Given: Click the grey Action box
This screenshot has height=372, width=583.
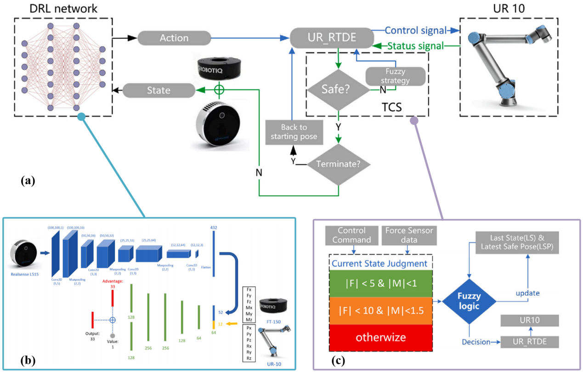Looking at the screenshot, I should [174, 37].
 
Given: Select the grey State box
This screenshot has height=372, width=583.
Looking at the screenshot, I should [158, 90].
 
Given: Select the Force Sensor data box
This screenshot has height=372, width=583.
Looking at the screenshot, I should [409, 235].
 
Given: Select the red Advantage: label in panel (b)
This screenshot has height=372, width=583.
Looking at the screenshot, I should [113, 281].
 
